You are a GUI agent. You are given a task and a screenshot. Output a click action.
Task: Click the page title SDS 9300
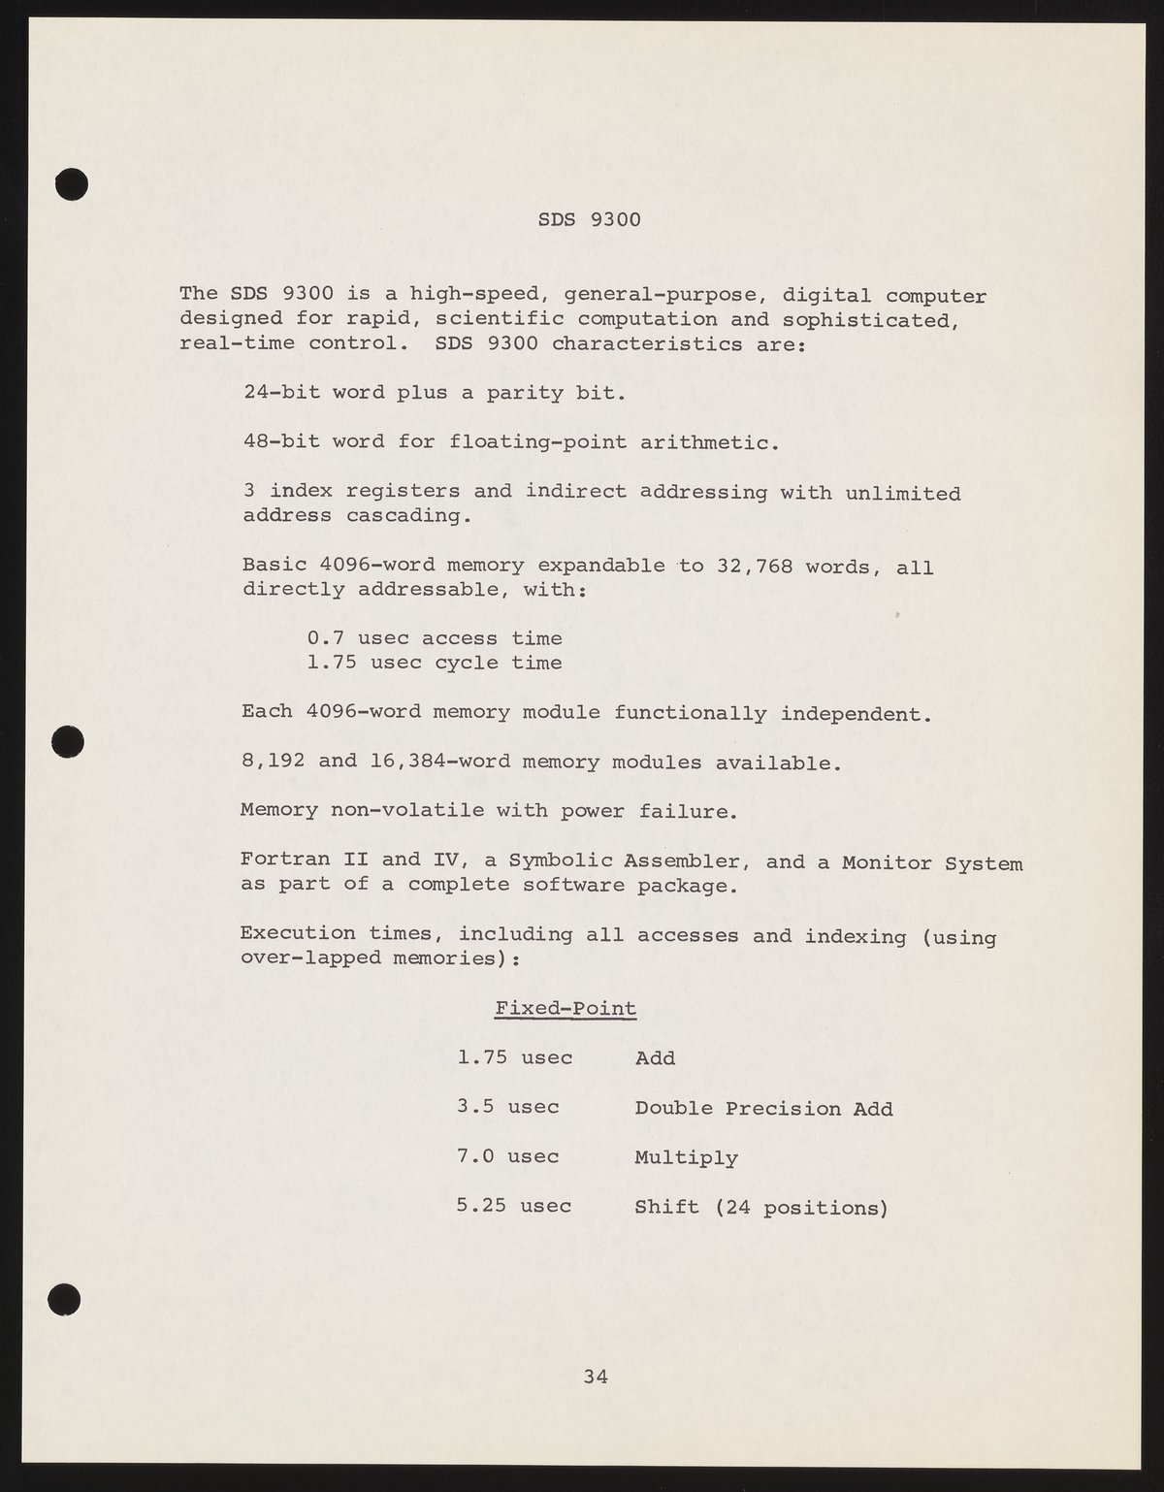coord(589,220)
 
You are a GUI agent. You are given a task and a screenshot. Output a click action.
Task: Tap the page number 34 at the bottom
coord(596,1375)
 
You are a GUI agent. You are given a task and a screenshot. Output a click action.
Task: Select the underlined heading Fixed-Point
coord(566,1009)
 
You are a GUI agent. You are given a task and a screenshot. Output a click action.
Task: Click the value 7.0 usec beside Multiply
coord(507,1156)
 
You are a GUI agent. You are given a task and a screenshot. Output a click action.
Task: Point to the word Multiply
coord(686,1158)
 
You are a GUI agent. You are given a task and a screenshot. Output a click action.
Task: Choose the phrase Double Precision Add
coord(763,1109)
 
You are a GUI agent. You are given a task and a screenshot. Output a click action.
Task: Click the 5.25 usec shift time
coord(513,1206)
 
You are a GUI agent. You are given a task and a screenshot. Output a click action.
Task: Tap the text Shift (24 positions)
coord(760,1208)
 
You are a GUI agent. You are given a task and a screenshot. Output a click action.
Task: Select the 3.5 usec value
coord(507,1107)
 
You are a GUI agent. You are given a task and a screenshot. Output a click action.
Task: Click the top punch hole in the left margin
coord(72,183)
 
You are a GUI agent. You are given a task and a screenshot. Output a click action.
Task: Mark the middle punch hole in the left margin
coord(70,741)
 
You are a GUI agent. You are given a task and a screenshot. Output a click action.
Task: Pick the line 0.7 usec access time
coord(435,638)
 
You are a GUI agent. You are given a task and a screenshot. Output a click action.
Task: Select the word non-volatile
coord(407,811)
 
